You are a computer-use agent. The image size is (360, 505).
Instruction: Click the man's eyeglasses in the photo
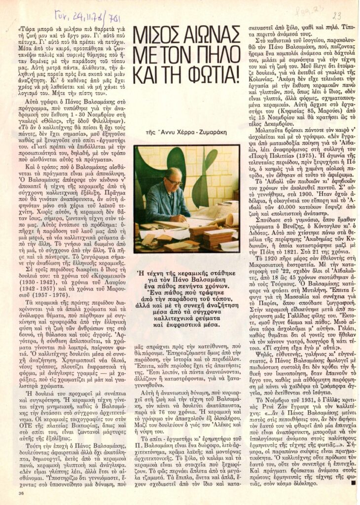tap(173, 181)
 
